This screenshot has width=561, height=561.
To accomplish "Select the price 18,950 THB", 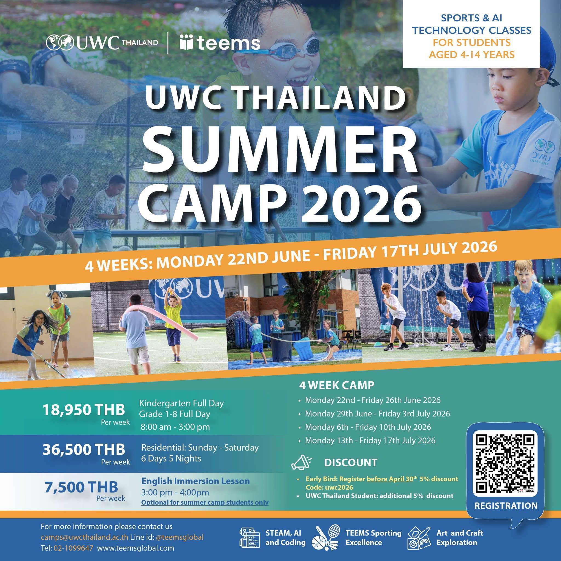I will [x=84, y=410].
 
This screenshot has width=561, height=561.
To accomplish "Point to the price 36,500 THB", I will [x=84, y=450].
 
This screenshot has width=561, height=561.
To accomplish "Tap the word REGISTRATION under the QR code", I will [x=506, y=506].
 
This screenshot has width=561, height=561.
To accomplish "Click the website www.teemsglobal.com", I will [x=135, y=540].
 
